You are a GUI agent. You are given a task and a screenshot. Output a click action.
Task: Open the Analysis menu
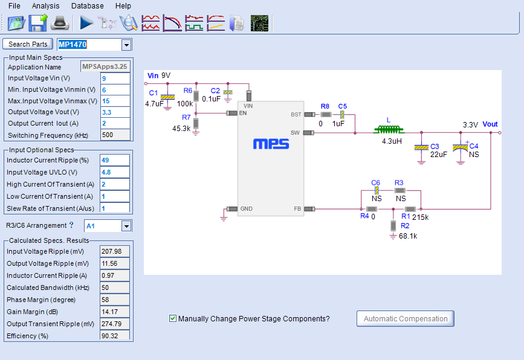[x=45, y=5]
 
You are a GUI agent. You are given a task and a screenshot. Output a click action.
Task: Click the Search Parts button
[x=28, y=44]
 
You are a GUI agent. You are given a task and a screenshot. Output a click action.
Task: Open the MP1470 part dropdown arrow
[x=126, y=45]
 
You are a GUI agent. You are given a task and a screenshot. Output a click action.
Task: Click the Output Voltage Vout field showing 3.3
[x=115, y=112]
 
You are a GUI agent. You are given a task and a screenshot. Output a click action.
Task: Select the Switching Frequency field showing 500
[x=115, y=135]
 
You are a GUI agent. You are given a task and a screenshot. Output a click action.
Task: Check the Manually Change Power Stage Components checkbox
[x=173, y=318]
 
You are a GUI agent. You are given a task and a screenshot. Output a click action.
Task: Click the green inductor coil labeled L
[x=388, y=129]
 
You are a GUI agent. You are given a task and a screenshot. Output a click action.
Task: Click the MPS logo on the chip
[x=271, y=144]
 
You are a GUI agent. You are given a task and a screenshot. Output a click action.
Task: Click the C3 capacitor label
[x=434, y=146]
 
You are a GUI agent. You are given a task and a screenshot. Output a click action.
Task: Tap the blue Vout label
[x=490, y=124]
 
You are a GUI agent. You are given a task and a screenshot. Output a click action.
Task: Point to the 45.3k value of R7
[x=181, y=129]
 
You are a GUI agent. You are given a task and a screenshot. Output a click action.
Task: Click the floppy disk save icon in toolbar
[x=37, y=23]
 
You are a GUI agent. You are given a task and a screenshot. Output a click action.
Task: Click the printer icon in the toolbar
[x=61, y=23]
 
